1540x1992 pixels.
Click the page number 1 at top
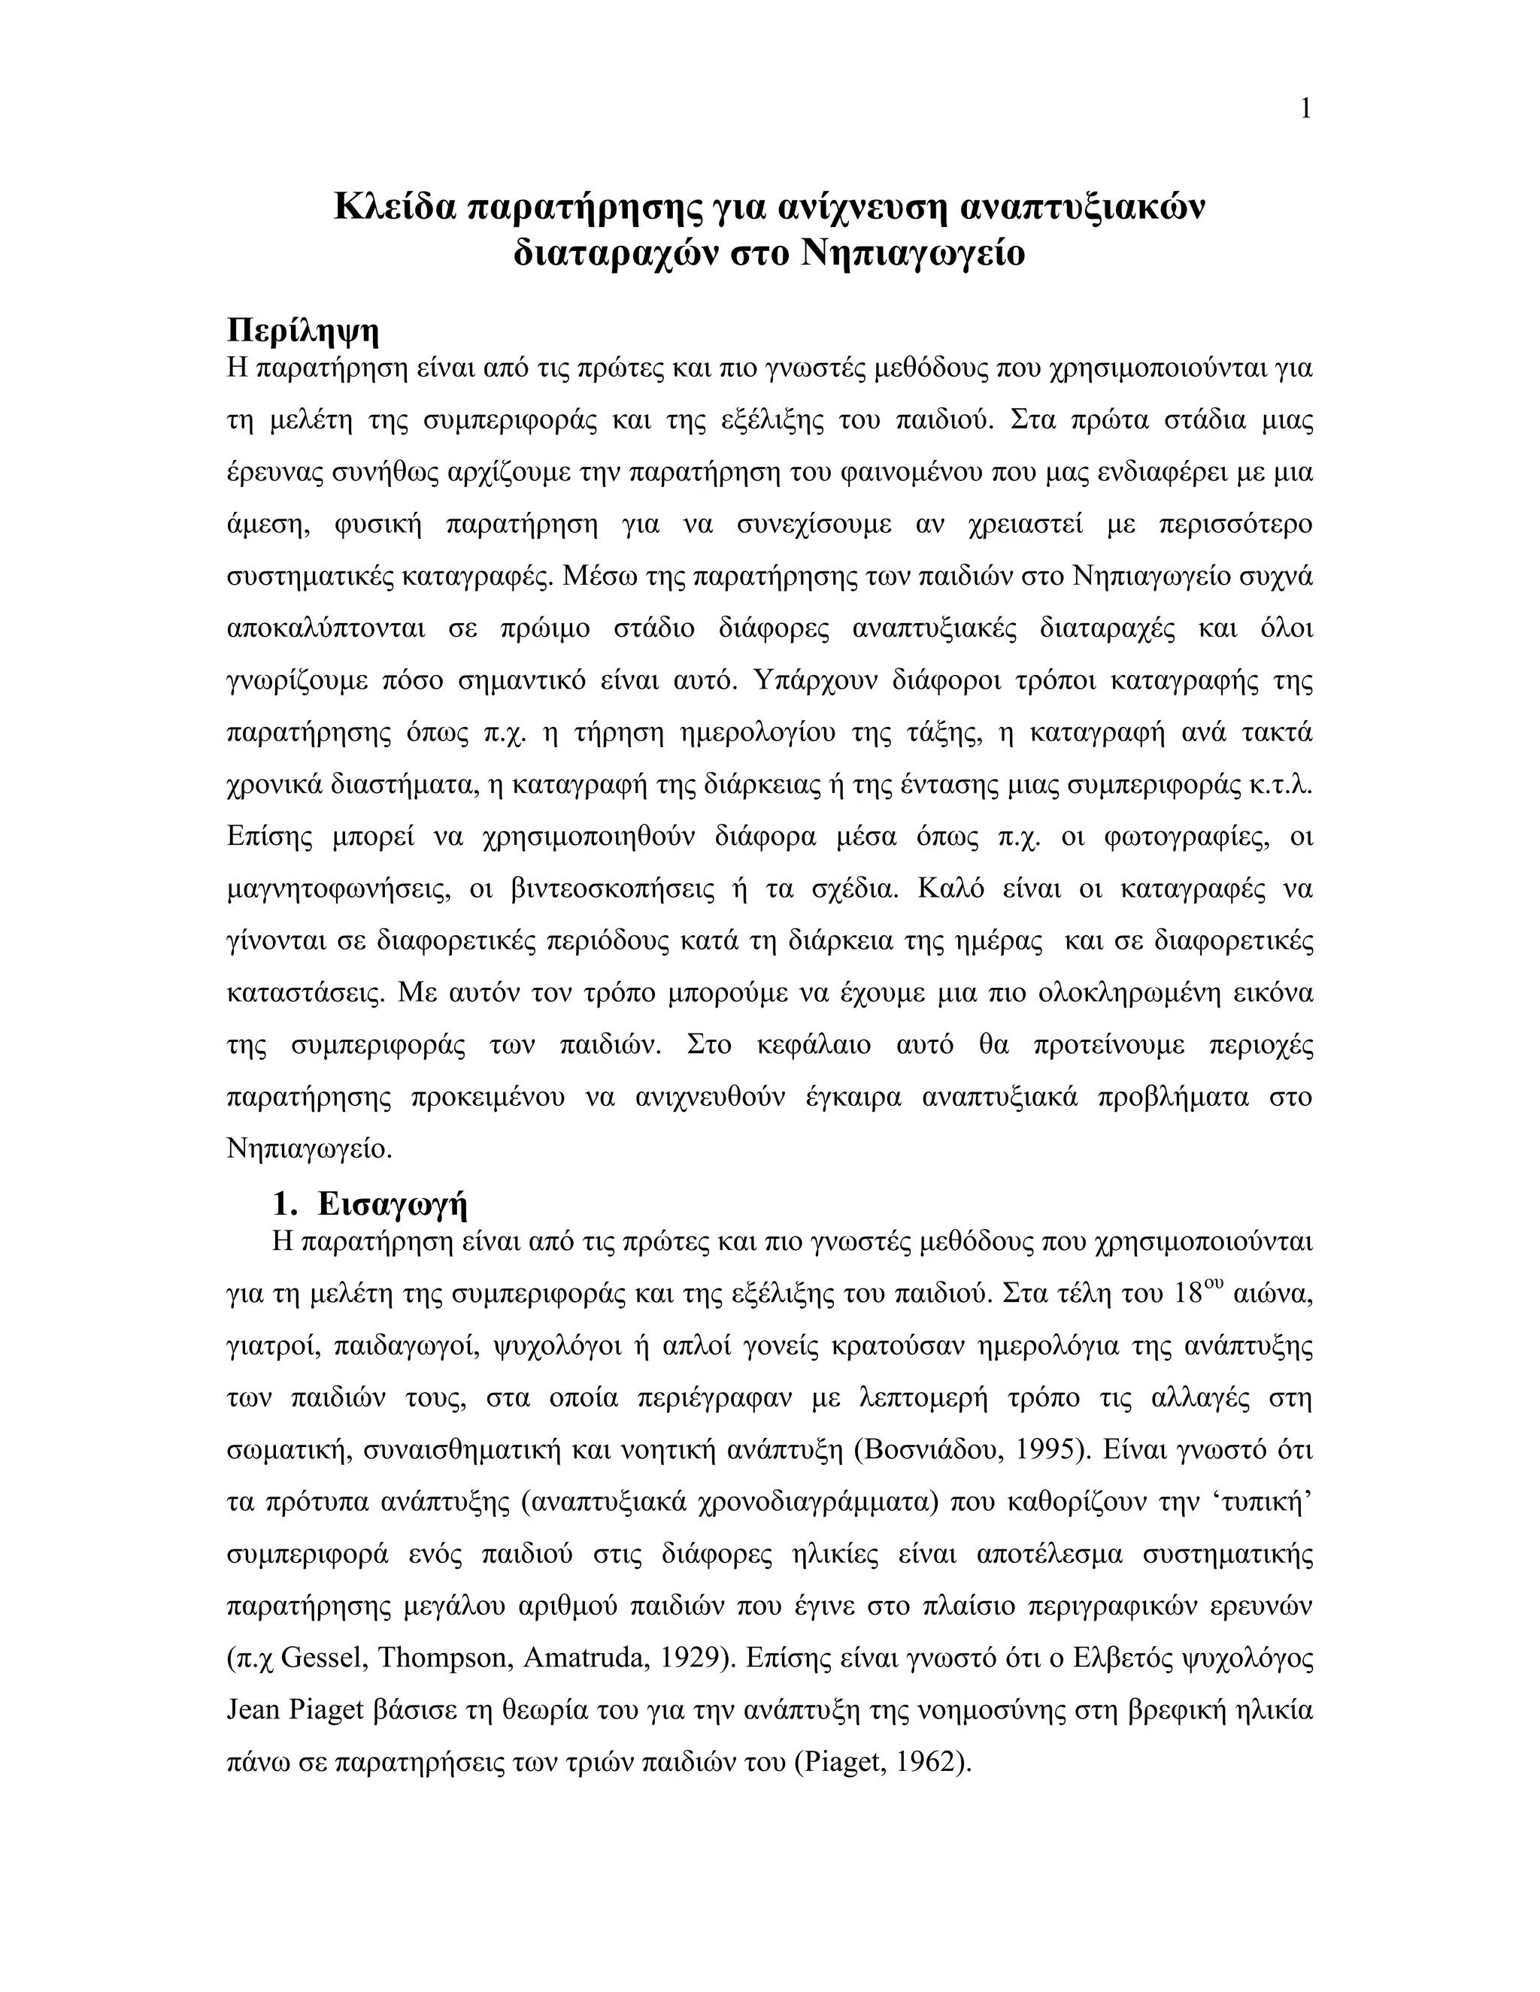pos(1305,110)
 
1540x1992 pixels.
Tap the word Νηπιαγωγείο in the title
pos(912,253)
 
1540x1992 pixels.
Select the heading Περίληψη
pos(302,330)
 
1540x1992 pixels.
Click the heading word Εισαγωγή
pos(393,1205)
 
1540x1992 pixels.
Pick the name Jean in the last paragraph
pos(253,1709)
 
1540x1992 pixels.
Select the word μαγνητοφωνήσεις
pos(338,889)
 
